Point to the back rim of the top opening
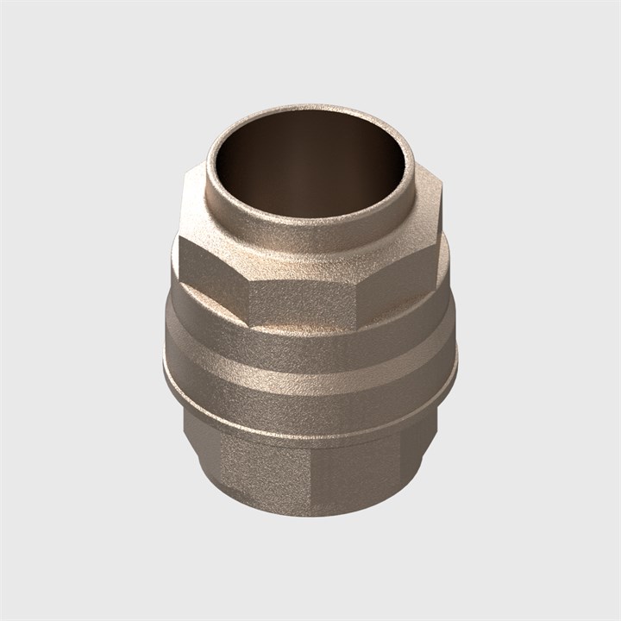310,112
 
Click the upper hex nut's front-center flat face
304,298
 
